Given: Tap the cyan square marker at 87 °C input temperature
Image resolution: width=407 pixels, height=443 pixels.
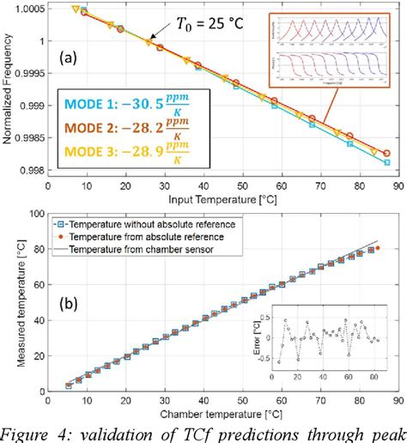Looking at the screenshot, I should [387, 161].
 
